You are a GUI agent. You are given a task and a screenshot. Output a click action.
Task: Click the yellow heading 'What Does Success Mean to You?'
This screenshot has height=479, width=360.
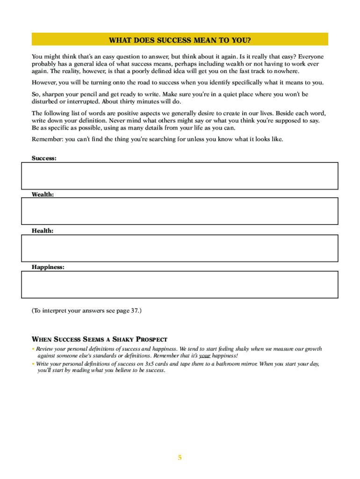coord(180,39)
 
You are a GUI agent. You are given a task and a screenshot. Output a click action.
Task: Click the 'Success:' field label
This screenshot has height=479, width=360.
coord(44,159)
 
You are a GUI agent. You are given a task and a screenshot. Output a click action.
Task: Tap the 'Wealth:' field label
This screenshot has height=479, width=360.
coord(43,194)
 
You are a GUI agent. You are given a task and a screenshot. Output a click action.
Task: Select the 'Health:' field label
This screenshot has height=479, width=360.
coord(42,231)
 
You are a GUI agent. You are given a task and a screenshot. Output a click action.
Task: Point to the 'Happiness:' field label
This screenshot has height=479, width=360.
coord(48,267)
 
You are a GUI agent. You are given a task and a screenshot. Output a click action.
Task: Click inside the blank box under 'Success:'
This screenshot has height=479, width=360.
coord(180,176)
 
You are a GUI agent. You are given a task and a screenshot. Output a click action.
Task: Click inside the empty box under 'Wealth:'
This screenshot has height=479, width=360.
coord(180,211)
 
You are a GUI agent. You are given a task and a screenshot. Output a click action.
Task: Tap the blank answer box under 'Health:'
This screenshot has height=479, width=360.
coord(180,248)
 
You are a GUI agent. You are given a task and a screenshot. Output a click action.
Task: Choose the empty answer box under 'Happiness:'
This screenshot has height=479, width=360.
coord(180,284)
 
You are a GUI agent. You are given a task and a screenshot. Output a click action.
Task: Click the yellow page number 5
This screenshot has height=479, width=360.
coord(180,457)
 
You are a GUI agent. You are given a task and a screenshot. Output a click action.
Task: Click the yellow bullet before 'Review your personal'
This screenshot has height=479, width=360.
coord(33,349)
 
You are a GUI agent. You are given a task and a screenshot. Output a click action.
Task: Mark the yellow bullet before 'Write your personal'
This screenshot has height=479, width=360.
coord(33,364)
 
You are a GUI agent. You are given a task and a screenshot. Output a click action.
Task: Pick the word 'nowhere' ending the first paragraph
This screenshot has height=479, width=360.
coord(287,71)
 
